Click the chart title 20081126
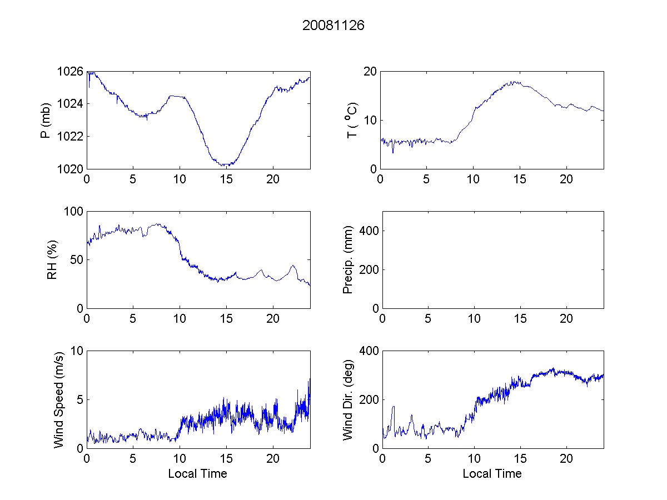tap(333, 26)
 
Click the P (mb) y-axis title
tap(46, 120)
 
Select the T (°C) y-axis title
tap(351, 120)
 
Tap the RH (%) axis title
tap(52, 259)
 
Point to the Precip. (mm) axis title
tap(348, 259)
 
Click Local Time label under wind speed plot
tap(197, 473)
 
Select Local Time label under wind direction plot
tap(492, 473)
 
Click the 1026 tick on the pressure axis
tap(70, 72)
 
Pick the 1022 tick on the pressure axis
tap(70, 136)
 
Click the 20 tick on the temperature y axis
tap(370, 72)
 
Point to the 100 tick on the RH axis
tap(73, 212)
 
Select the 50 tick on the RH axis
tap(76, 260)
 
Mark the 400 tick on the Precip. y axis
tap(367, 231)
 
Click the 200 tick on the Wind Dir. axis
tap(367, 399)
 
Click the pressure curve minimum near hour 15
tap(225, 165)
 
